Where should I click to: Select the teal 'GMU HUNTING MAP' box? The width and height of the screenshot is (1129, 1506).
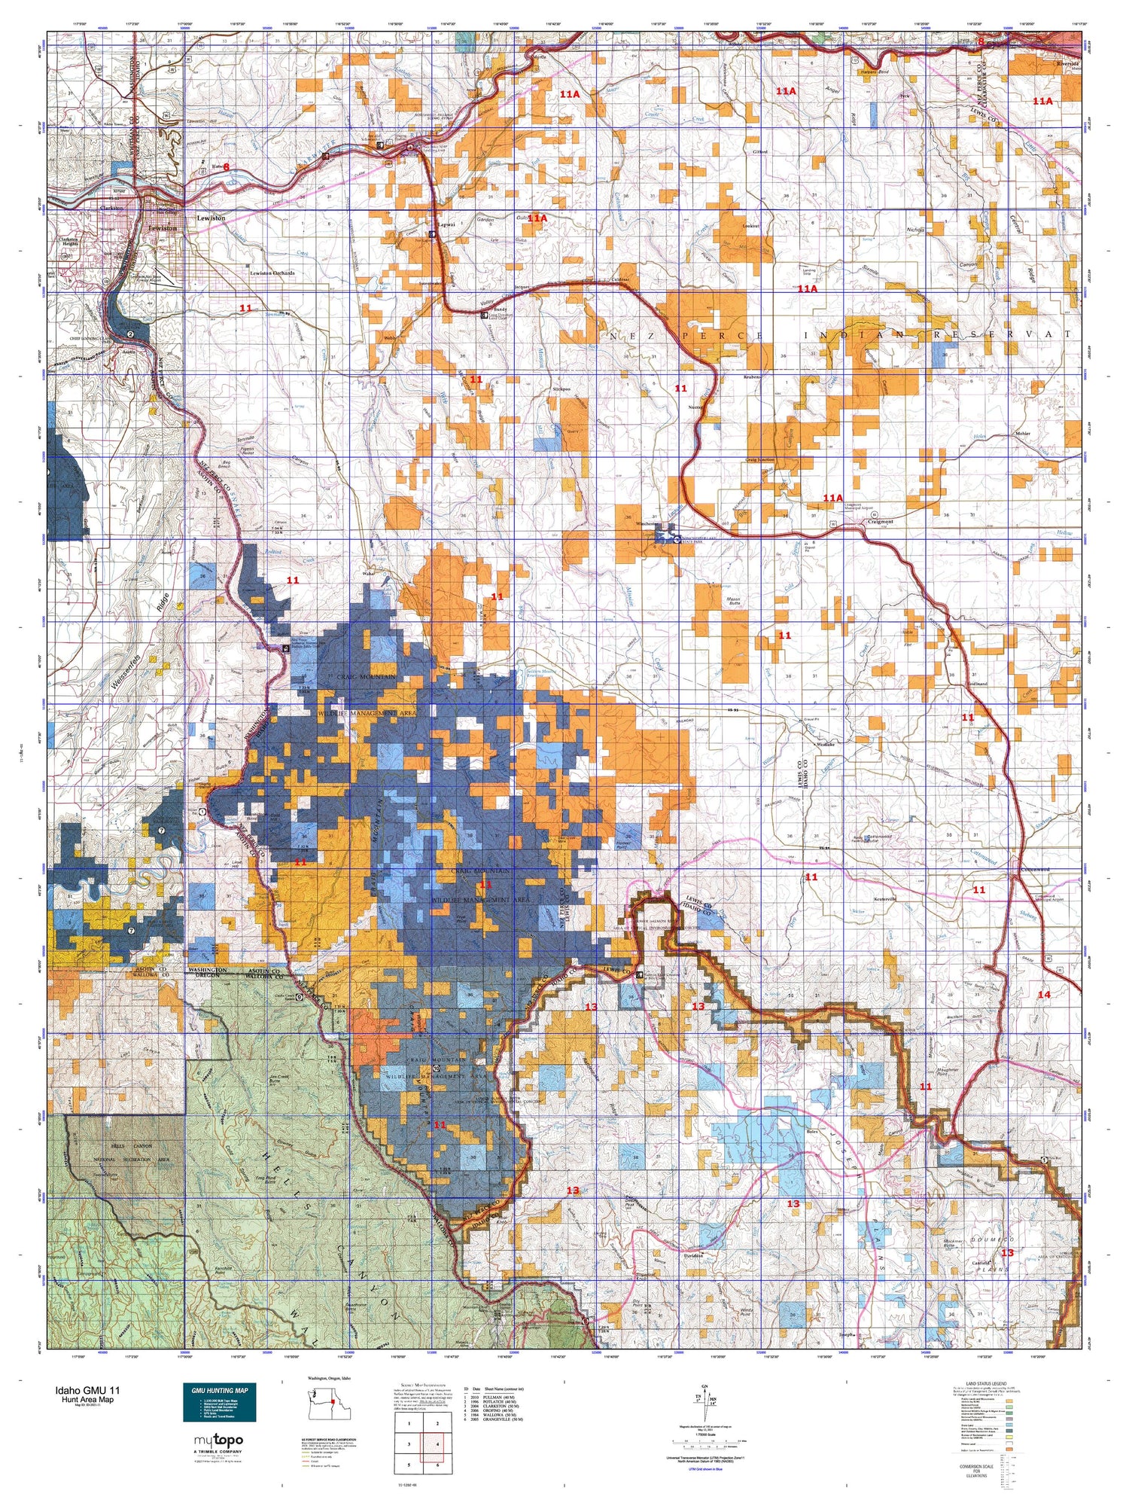tap(219, 1401)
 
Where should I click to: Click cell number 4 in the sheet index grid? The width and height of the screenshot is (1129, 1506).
tap(437, 1444)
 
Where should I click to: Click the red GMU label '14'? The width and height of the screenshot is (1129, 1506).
tap(1043, 995)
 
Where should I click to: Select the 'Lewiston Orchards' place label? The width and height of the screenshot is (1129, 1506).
tap(272, 273)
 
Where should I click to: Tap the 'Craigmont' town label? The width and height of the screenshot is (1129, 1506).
tap(880, 521)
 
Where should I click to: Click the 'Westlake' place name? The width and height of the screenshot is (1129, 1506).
tap(826, 744)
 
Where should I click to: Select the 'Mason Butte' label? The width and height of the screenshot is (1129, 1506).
tap(734, 602)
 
